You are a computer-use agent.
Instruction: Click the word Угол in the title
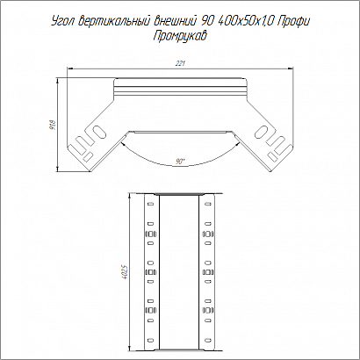click(63, 22)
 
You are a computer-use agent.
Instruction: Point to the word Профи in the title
click(292, 22)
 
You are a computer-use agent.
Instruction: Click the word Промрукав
click(180, 37)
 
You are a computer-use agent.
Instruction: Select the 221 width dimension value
click(180, 63)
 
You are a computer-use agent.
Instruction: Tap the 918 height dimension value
click(53, 124)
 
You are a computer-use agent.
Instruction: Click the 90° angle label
click(180, 162)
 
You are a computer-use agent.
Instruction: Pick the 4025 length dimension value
click(126, 273)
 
